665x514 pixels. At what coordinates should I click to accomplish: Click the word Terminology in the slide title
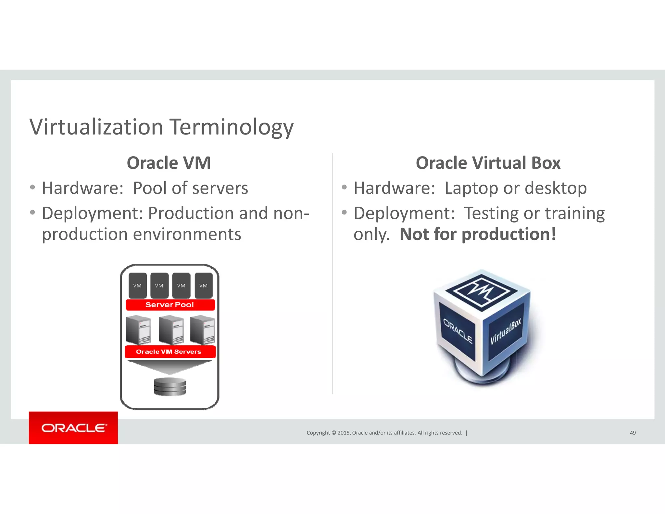click(232, 127)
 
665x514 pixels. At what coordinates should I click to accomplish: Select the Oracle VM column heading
click(169, 163)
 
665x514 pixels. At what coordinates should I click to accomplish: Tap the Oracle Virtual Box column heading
click(488, 163)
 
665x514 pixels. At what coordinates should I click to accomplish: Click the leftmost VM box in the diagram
click(137, 286)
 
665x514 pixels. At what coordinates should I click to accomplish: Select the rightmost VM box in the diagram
click(204, 286)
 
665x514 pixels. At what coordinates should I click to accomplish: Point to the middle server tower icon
click(171, 330)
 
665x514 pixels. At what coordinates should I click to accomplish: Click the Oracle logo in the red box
click(74, 428)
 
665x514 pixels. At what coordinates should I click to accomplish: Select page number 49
click(633, 433)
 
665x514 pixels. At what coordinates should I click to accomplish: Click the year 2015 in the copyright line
click(344, 433)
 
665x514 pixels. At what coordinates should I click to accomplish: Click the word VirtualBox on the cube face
click(506, 331)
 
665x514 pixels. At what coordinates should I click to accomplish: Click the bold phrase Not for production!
click(478, 234)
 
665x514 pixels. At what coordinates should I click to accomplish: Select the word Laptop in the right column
click(471, 188)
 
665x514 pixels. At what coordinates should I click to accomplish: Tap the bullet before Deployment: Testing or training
click(344, 212)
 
